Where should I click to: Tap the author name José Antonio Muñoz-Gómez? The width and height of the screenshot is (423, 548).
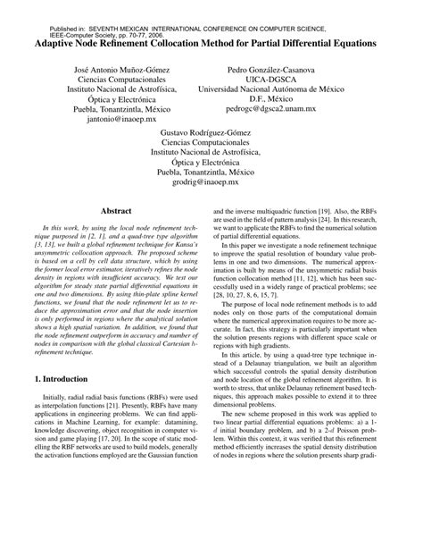[113, 69]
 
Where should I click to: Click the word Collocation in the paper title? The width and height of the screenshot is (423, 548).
[183, 42]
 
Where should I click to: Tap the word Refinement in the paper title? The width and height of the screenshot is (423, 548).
[128, 42]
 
